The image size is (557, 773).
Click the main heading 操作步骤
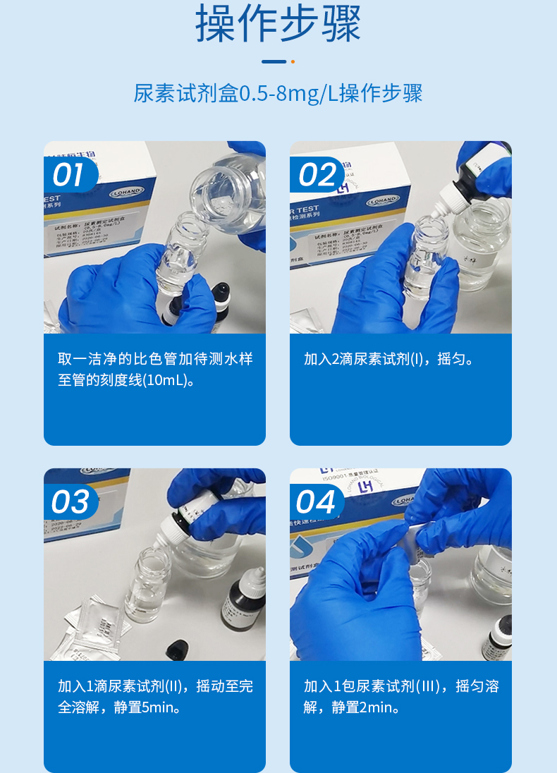[278, 23]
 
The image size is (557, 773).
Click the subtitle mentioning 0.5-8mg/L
[278, 94]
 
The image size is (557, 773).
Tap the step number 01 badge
[68, 175]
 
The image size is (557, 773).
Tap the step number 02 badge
[316, 175]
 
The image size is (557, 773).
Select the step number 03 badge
[70, 502]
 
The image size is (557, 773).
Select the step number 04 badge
[316, 502]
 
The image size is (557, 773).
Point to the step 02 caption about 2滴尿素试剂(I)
[388, 359]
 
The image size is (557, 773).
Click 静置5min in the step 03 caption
[147, 707]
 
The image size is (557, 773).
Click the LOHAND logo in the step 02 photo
[382, 200]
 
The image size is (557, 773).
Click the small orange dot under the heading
[293, 61]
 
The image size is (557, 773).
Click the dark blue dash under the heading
[274, 61]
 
